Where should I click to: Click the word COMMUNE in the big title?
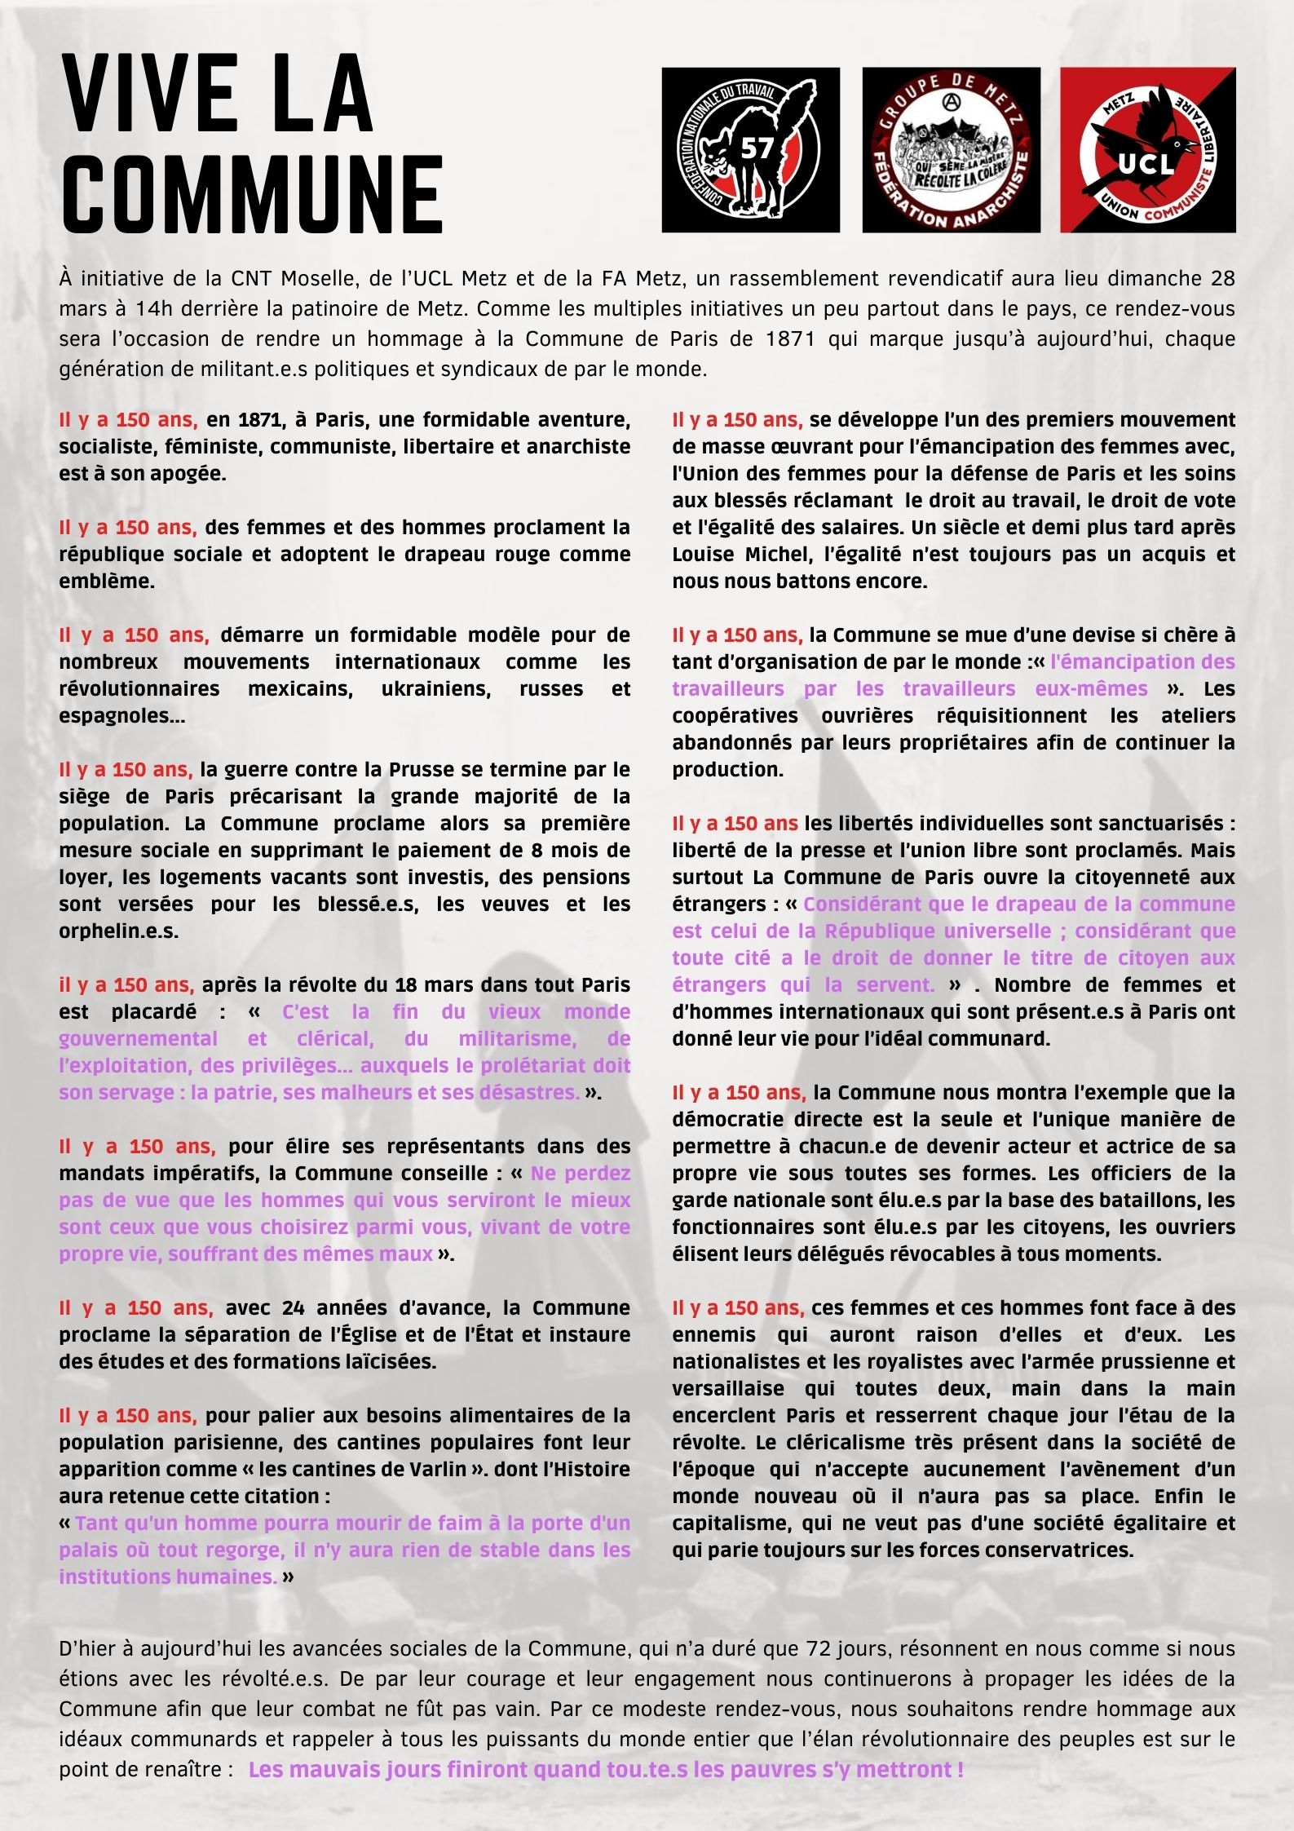252,194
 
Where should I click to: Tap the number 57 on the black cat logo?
756,148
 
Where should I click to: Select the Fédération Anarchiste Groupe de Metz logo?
951,150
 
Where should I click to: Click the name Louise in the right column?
703,555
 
